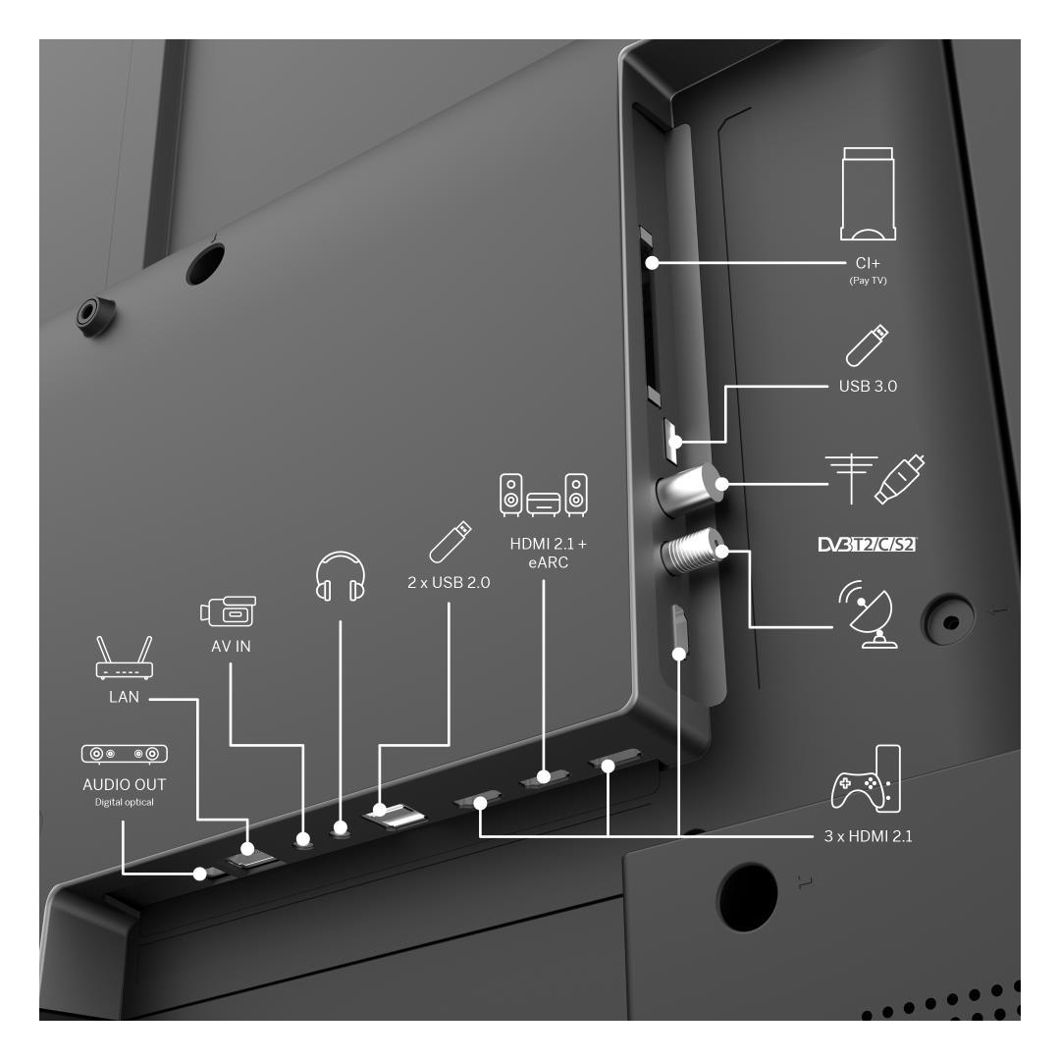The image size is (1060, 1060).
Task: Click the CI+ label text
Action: coord(868,263)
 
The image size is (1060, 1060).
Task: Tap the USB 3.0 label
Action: coord(868,386)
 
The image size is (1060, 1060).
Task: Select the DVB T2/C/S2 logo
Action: coord(868,544)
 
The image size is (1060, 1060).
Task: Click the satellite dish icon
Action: coord(868,614)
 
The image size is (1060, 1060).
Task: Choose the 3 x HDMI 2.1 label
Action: coord(868,836)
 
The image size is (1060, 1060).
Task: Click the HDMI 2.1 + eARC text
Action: coord(549,553)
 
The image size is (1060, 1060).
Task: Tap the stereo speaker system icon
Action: coord(544,495)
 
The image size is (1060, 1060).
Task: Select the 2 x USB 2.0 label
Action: coord(449,582)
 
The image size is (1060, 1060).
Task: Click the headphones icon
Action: coord(340,576)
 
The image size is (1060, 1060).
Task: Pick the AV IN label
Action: coord(232,646)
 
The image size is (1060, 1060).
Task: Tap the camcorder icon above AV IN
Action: coord(229,611)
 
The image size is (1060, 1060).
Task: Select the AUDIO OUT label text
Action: coord(125,784)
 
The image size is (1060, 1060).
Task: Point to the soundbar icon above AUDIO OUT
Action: coord(125,754)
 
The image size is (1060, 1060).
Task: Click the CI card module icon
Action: coord(868,194)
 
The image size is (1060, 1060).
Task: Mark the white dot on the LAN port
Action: coord(247,848)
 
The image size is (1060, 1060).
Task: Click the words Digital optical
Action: coord(125,803)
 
